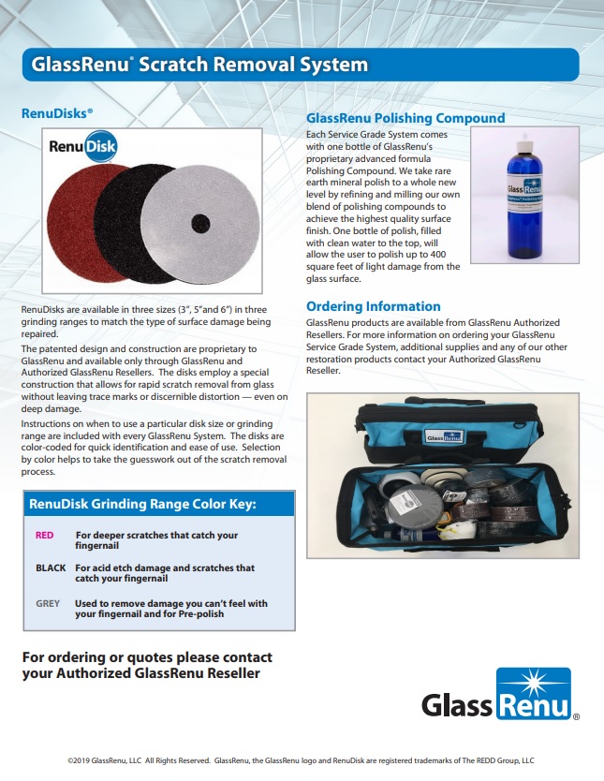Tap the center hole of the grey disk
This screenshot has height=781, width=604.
200,222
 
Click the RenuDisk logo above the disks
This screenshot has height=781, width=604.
86,148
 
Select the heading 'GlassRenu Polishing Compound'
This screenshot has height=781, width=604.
405,118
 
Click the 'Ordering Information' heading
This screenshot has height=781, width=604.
373,306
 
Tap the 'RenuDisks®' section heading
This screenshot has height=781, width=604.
57,112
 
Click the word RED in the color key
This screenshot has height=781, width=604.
44,535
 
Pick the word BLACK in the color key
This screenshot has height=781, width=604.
51,567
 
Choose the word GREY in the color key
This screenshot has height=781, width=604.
48,603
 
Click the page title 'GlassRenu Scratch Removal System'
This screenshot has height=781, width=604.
199,65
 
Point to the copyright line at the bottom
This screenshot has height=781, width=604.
302,760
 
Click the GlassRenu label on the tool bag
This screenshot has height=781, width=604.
441,435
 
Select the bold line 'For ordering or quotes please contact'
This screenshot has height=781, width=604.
147,656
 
